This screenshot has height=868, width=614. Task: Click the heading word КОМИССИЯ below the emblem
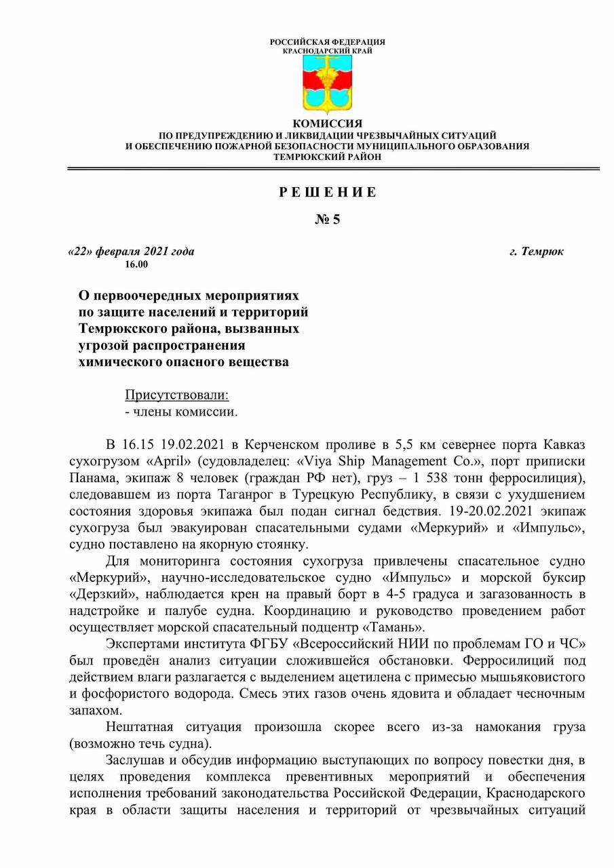coord(328,123)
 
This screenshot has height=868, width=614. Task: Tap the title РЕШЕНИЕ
coord(328,192)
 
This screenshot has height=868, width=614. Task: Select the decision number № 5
coord(328,219)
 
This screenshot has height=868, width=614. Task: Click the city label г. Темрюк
coord(536,252)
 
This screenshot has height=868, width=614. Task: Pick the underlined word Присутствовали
coord(177,395)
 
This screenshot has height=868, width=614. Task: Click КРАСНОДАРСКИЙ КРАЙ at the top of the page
coord(328,51)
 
